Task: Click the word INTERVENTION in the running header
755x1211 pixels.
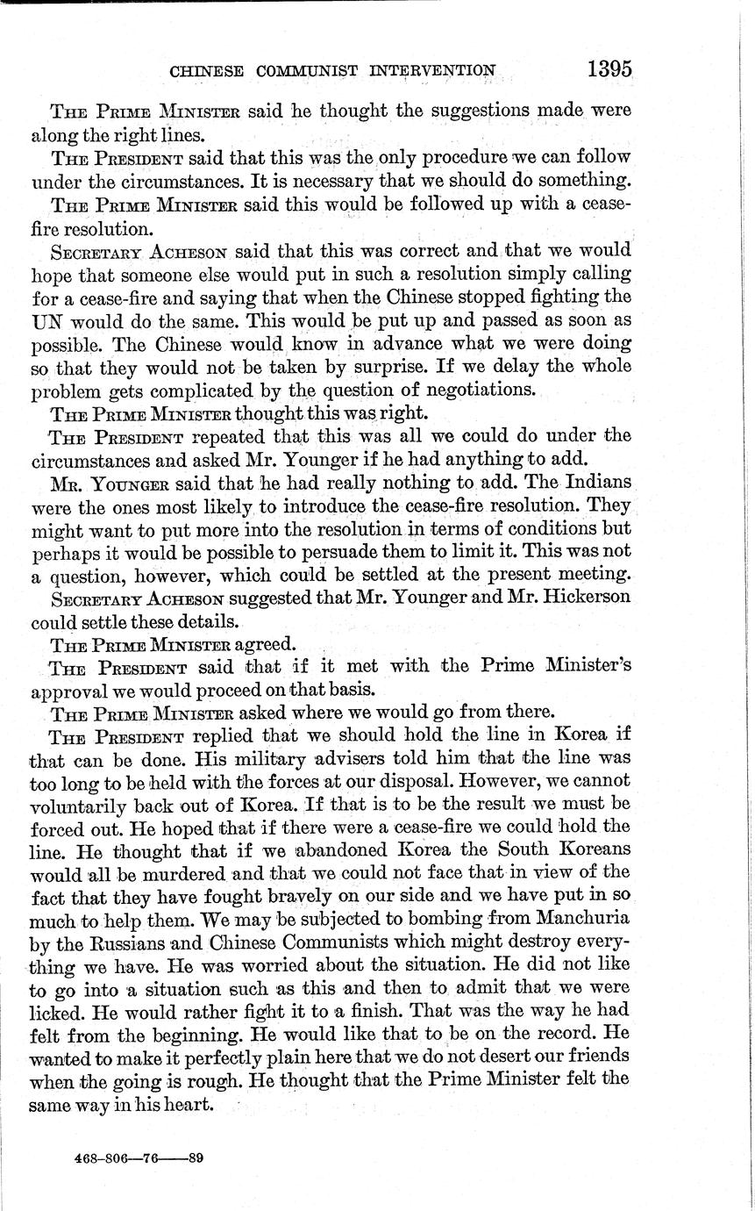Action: coord(436,70)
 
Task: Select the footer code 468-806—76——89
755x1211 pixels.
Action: coord(140,1158)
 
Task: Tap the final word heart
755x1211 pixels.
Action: coord(192,1104)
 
